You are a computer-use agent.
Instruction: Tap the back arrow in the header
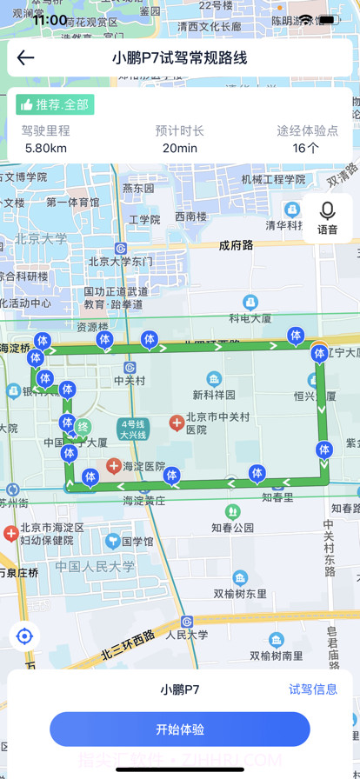(x=26, y=58)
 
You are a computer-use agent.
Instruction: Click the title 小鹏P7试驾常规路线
(x=180, y=58)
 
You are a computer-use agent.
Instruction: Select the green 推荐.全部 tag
(x=55, y=104)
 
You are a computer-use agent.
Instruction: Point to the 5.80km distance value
(x=46, y=148)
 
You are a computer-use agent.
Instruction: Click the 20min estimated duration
(x=180, y=148)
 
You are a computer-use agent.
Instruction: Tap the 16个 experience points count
(x=305, y=148)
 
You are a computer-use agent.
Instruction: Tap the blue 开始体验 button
(x=180, y=729)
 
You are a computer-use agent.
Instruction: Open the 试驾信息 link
(x=313, y=689)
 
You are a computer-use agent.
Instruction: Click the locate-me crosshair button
(x=24, y=636)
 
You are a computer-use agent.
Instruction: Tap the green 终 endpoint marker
(x=83, y=427)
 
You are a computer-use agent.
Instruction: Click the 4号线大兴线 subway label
(x=134, y=429)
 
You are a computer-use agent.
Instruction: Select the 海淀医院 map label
(x=143, y=467)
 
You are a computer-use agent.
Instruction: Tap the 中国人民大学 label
(x=95, y=567)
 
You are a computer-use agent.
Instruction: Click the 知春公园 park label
(x=232, y=527)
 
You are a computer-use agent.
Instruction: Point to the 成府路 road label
(x=236, y=245)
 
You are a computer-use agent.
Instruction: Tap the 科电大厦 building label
(x=251, y=318)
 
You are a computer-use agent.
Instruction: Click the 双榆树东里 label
(x=240, y=594)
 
